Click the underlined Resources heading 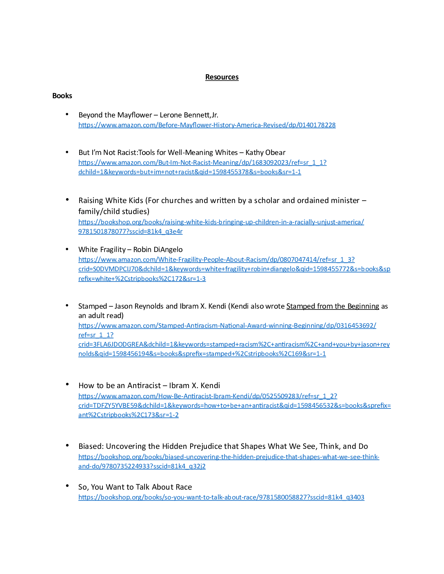click(222, 77)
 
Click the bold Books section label click(62, 96)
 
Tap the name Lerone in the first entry click(171, 115)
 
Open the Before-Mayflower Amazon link click(207, 125)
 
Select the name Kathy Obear click(265, 152)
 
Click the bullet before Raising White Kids click(67, 199)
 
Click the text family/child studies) click(114, 212)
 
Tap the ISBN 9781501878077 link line click(130, 232)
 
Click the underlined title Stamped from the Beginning click(333, 306)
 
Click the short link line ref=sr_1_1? click(96, 335)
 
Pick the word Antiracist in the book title click(144, 386)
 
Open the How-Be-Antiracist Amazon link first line click(208, 396)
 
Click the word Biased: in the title click(91, 446)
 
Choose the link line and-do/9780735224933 click(142, 466)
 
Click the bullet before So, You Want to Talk click(67, 486)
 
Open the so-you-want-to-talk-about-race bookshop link click(221, 497)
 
